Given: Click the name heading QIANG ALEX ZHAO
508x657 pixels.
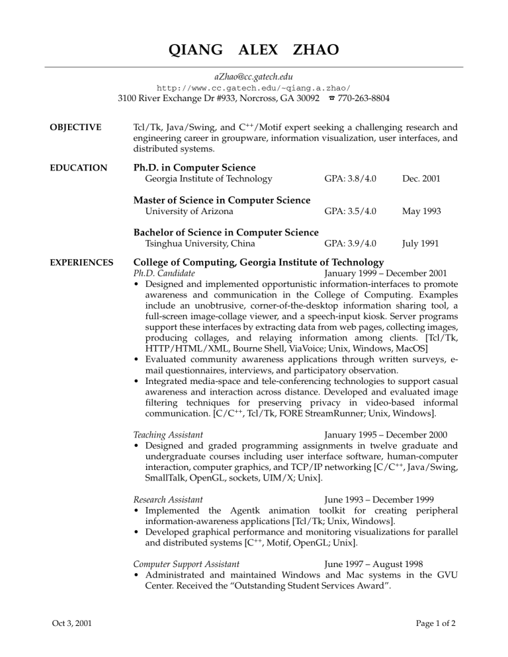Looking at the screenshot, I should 254,50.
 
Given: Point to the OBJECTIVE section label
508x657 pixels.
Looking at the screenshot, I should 73,127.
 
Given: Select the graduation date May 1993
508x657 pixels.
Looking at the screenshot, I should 420,212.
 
